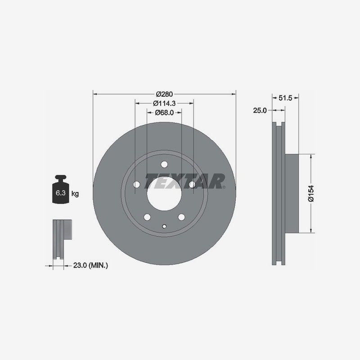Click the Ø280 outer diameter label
(x=164, y=94)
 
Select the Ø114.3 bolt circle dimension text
(x=164, y=103)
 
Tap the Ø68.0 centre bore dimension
(x=164, y=112)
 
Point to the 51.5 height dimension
(x=285, y=98)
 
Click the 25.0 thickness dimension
(x=260, y=110)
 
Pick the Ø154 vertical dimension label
(x=311, y=193)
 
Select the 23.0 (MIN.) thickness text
(x=90, y=265)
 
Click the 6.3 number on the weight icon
(x=61, y=193)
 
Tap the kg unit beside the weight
(x=75, y=194)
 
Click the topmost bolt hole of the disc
(x=164, y=164)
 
